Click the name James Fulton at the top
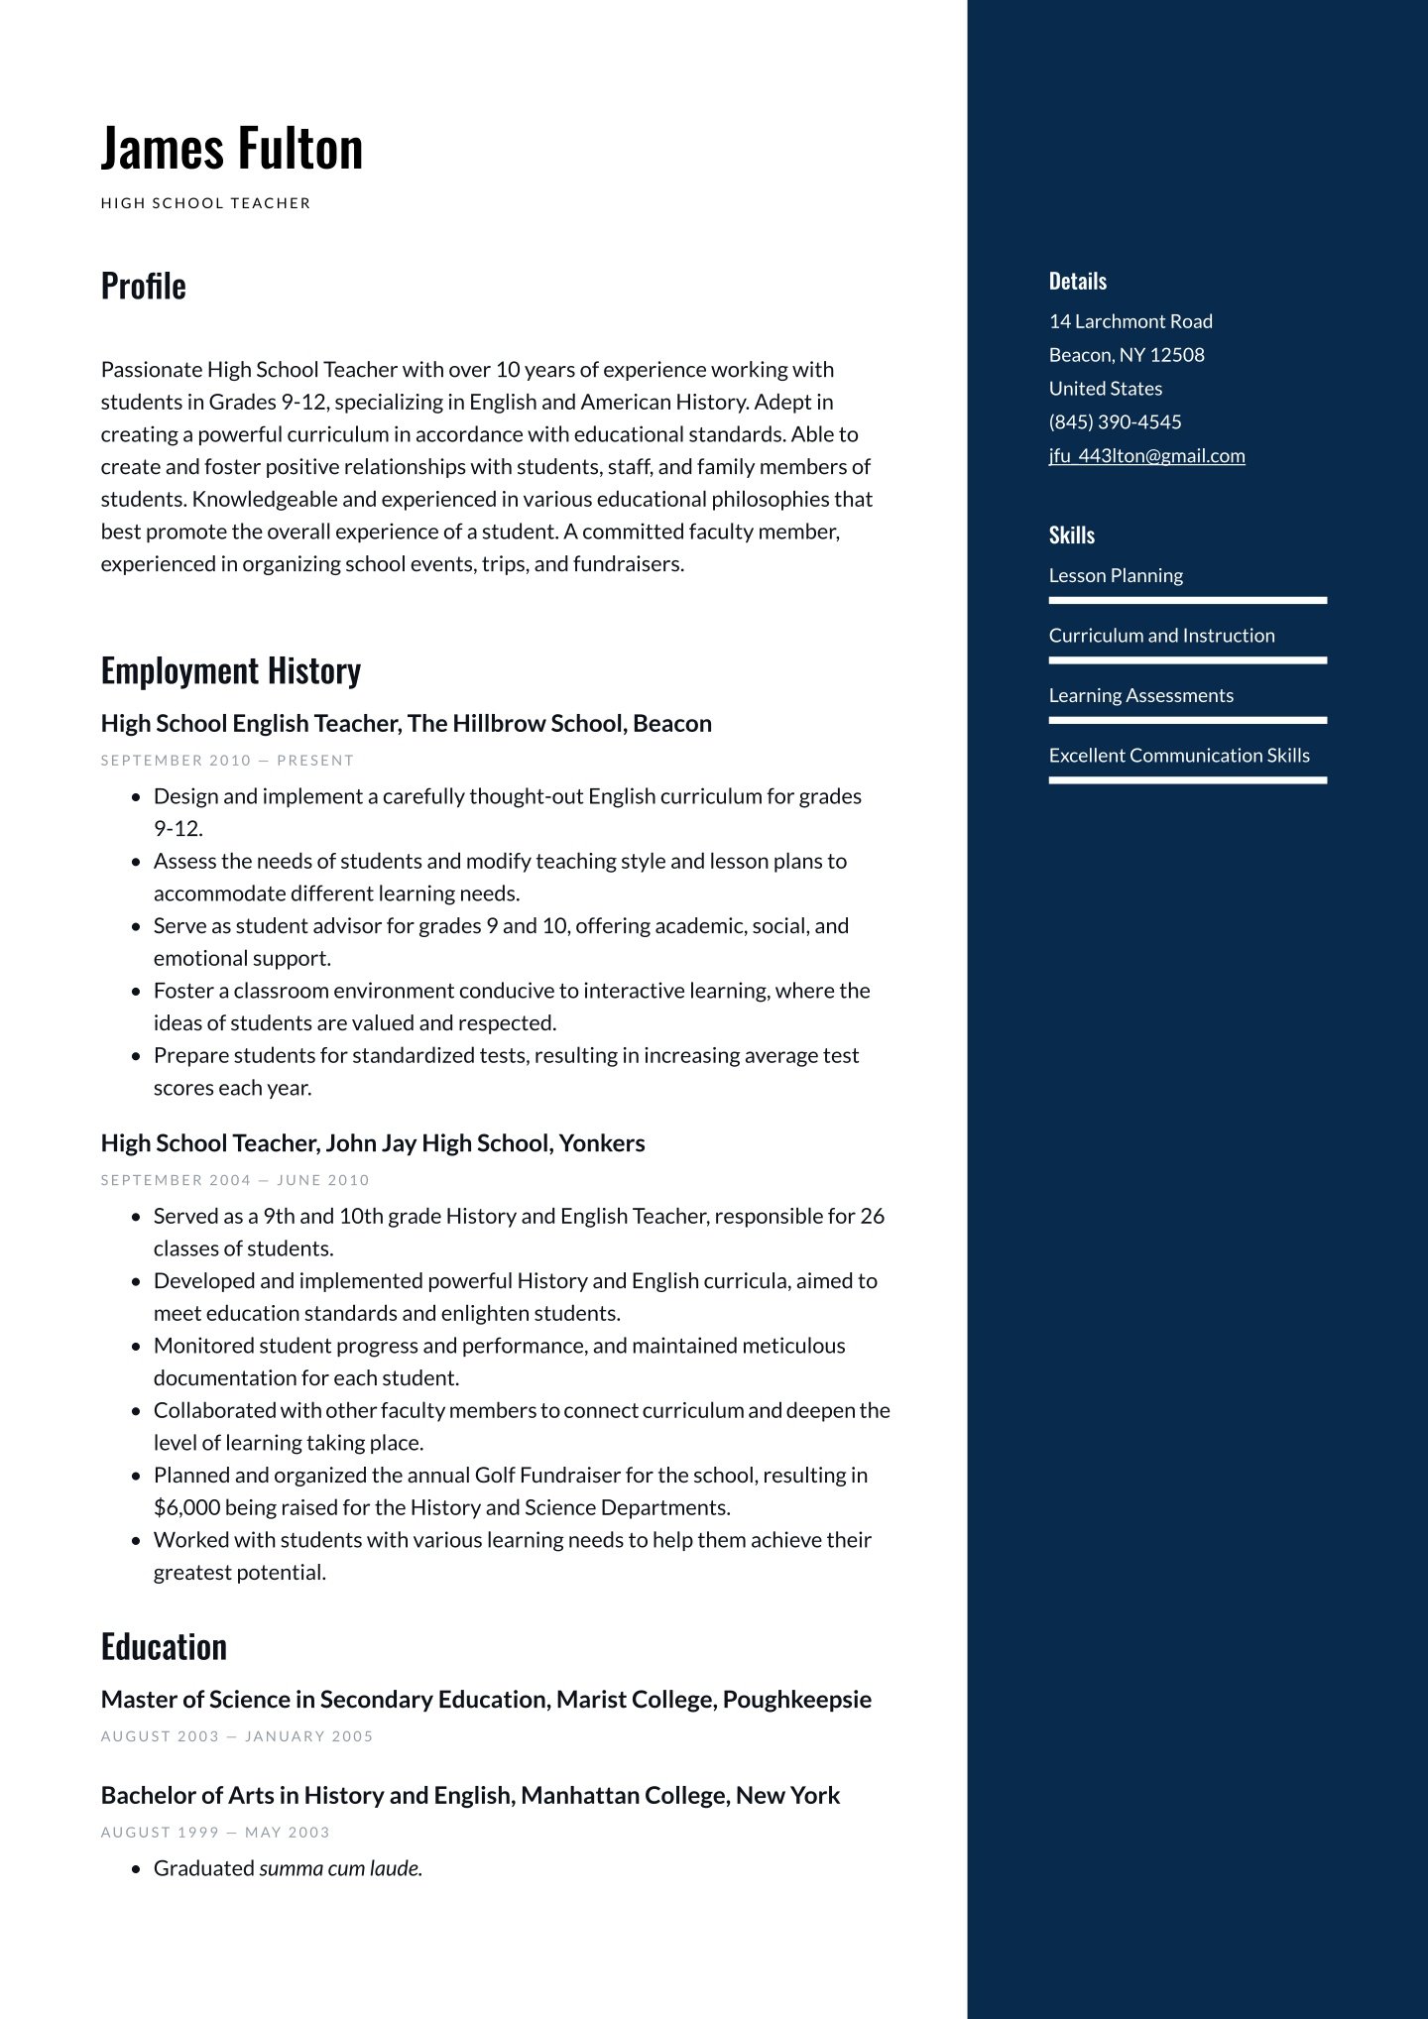coord(232,148)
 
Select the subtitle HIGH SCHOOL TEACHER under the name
coord(206,203)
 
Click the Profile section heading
coord(144,286)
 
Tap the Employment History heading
coord(231,670)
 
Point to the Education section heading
coord(164,1646)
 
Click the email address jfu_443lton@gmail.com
coord(1146,455)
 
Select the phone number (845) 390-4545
coord(1115,421)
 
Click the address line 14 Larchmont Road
coord(1130,321)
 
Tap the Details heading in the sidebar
coord(1077,281)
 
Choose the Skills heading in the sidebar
coord(1071,534)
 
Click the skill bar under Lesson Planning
coord(1187,600)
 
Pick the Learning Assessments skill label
coord(1140,695)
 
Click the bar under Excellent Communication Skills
coord(1187,780)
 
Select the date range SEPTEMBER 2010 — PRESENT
coord(227,761)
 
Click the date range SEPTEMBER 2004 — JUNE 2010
coord(235,1180)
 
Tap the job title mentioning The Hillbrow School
coord(406,723)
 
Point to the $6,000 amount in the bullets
coord(186,1507)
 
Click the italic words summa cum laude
coord(340,1868)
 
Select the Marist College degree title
coord(486,1699)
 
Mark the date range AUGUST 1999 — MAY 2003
coord(215,1833)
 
